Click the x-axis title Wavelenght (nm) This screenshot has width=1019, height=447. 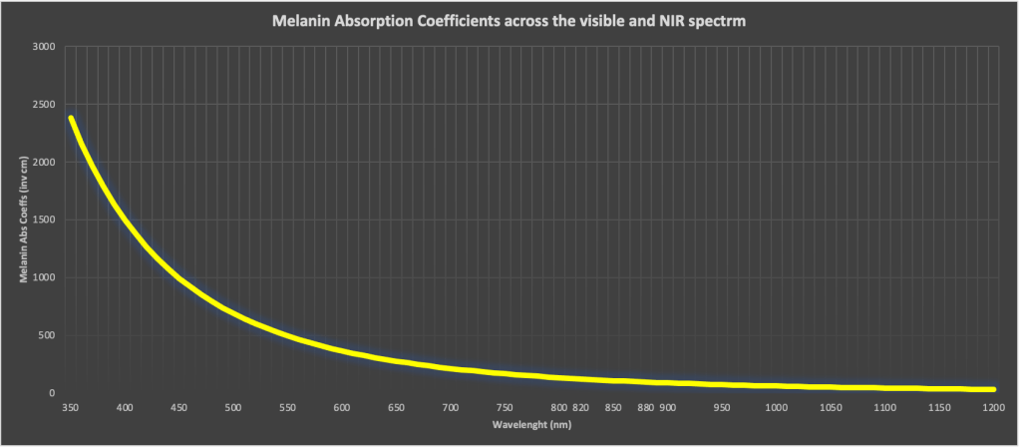(529, 424)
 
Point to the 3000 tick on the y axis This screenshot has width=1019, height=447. (44, 47)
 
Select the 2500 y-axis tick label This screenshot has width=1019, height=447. (44, 105)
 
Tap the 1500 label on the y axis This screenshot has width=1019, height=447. (44, 221)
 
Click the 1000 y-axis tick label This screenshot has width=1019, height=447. (44, 278)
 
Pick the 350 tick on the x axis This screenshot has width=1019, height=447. (70, 408)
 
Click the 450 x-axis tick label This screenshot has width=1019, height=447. (178, 408)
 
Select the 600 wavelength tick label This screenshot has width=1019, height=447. (341, 408)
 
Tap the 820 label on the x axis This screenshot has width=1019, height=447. (580, 408)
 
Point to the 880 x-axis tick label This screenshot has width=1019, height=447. (645, 408)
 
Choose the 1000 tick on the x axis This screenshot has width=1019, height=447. (774, 408)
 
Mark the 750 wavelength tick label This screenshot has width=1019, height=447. (504, 408)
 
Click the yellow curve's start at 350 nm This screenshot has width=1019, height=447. (71, 119)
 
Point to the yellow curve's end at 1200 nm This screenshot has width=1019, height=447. (992, 389)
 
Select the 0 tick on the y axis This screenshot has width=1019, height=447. (52, 394)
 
